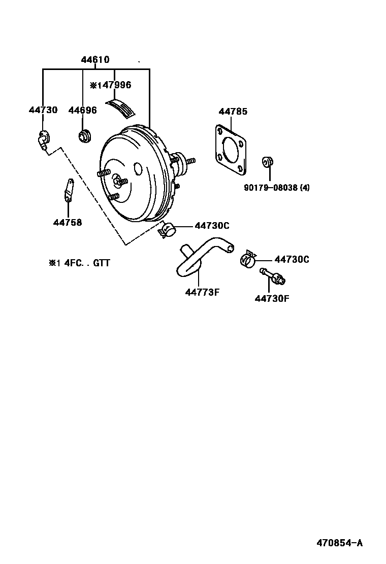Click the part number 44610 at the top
(95, 60)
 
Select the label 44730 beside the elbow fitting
(43, 110)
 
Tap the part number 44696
(83, 110)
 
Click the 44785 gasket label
(233, 111)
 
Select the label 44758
(67, 222)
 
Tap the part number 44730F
(272, 298)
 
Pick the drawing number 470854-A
(340, 543)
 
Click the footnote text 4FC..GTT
(86, 263)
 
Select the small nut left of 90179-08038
(266, 162)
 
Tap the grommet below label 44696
(83, 136)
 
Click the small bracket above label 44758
(68, 190)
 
